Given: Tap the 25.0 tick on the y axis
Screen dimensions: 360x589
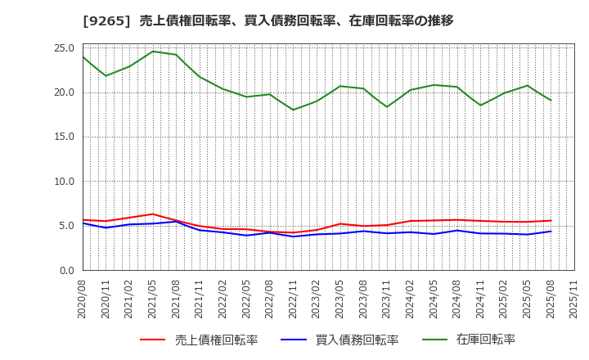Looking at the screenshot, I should point(64,47).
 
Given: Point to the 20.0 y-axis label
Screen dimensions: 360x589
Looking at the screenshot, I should point(64,92).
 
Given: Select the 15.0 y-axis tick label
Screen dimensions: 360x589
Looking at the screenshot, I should point(64,137).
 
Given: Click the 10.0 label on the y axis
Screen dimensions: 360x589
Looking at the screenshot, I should point(64,182).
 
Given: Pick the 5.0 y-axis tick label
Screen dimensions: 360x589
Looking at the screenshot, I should point(67,226).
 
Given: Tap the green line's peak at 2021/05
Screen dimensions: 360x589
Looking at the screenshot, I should point(153,52).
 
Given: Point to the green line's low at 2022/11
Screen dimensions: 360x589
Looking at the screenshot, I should point(294,110).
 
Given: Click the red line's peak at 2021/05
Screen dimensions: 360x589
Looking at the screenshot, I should point(153,214).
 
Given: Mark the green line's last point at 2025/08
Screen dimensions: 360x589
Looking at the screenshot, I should point(551,101).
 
